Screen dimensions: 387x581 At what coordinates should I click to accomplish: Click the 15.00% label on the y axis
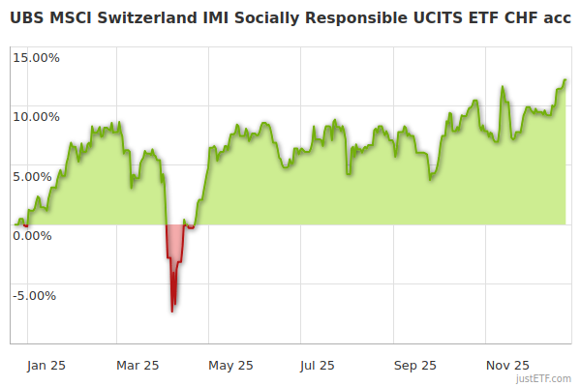(36, 57)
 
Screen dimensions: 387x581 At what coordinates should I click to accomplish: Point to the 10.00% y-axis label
(36, 117)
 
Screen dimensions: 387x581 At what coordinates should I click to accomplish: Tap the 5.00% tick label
(39, 176)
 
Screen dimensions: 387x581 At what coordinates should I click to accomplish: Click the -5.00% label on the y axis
(37, 295)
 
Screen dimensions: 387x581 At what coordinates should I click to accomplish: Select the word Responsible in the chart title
(330, 16)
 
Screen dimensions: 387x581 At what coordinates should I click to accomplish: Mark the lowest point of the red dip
(172, 311)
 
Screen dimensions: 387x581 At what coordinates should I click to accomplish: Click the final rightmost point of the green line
(566, 80)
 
